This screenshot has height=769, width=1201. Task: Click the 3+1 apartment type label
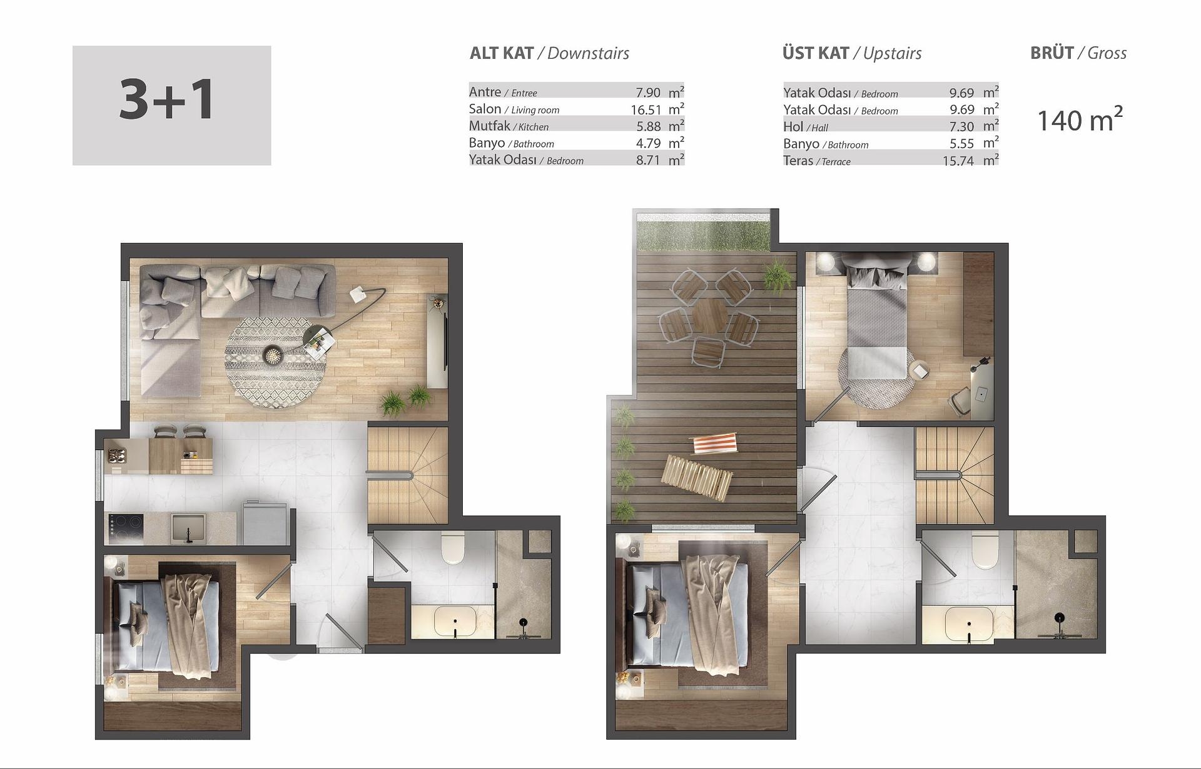[x=167, y=100]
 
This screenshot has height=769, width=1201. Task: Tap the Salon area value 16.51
[x=646, y=109]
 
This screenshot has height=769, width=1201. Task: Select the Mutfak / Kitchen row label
[x=509, y=126]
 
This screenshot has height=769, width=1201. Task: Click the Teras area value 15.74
[x=958, y=161]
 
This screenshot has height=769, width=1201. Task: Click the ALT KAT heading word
[x=502, y=53]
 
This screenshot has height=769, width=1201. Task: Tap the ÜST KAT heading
[x=816, y=53]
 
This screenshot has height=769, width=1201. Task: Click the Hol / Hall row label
[x=806, y=127]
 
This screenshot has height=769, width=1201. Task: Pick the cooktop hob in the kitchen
[x=126, y=529]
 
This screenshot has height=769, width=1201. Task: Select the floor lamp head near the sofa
[x=358, y=293]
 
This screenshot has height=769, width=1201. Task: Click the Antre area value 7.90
[x=648, y=93]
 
